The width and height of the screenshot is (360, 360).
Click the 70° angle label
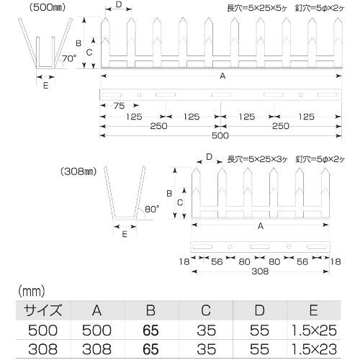tap(69, 58)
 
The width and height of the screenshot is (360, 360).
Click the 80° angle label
tap(152, 209)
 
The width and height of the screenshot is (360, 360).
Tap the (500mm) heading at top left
tap(47, 7)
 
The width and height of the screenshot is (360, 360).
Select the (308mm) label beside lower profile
tap(78, 171)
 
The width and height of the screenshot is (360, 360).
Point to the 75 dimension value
tap(119, 106)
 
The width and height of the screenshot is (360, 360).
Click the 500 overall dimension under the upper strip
tap(220, 136)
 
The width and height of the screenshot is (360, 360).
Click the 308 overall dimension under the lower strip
tap(260, 271)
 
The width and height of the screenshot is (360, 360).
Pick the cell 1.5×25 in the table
tap(314, 330)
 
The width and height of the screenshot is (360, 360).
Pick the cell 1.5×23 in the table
tap(314, 349)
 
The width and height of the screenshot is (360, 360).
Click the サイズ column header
tap(43, 310)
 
